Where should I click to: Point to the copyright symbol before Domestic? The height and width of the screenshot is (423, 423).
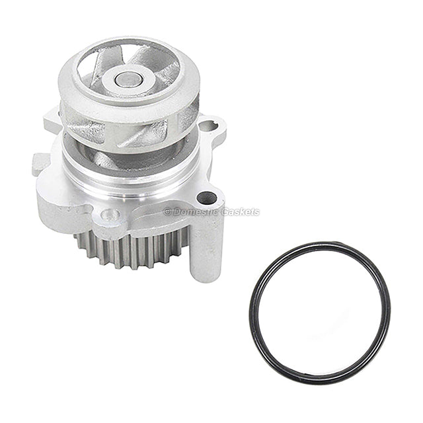click(167, 212)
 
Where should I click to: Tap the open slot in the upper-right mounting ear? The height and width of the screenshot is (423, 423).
click(211, 124)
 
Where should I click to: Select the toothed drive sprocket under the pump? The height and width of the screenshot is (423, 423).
click(132, 248)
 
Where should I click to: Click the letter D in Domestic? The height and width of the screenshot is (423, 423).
click(175, 212)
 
